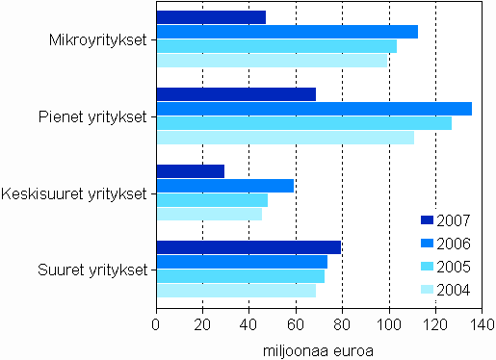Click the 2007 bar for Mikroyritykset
tap(211, 17)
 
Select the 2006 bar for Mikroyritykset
tap(287, 32)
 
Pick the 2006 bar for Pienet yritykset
tap(314, 108)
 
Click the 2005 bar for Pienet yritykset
tap(303, 122)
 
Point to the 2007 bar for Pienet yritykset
tap(236, 94)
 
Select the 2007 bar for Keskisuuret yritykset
tap(190, 171)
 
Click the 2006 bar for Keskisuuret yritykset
tap(224, 186)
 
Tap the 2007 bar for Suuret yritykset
tap(248, 247)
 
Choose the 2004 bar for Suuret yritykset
tap(236, 291)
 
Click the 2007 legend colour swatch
tap(429, 220)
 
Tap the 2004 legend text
tap(454, 290)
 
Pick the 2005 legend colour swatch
tap(429, 267)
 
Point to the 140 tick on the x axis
tap(482, 324)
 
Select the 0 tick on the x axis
tap(156, 324)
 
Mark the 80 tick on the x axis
tap(342, 324)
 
